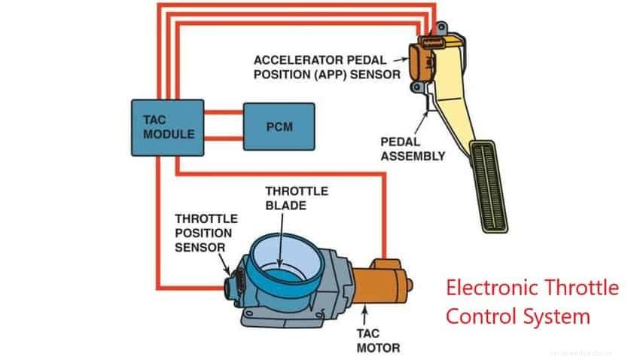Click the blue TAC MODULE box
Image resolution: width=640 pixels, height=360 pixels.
tap(168, 127)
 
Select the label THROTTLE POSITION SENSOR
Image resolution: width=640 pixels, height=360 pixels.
tap(206, 233)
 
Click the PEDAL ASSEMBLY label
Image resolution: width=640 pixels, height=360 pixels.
tap(413, 149)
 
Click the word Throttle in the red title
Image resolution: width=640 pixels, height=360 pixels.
tap(580, 288)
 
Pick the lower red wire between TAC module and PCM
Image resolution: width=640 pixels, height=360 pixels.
tap(223, 138)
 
